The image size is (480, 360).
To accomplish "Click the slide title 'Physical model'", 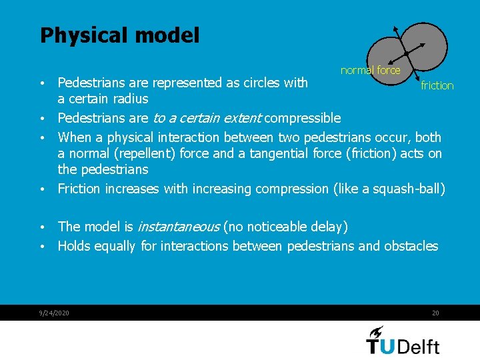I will click(x=119, y=35).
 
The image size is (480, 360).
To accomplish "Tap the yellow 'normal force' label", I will click(x=370, y=70).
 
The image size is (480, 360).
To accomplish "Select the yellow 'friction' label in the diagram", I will click(x=437, y=85).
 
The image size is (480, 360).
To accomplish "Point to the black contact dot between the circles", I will click(x=405, y=53).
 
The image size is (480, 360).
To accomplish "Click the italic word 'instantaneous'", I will click(x=179, y=227).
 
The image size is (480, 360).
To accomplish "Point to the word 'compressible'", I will click(x=303, y=119).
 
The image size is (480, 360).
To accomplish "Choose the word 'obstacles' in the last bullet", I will click(x=410, y=246).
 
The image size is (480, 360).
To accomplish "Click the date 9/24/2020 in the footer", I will click(x=55, y=313).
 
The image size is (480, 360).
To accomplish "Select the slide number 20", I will click(x=435, y=313).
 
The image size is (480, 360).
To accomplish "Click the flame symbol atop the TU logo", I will click(x=376, y=331).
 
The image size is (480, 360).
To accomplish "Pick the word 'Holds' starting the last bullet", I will click(x=74, y=246).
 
